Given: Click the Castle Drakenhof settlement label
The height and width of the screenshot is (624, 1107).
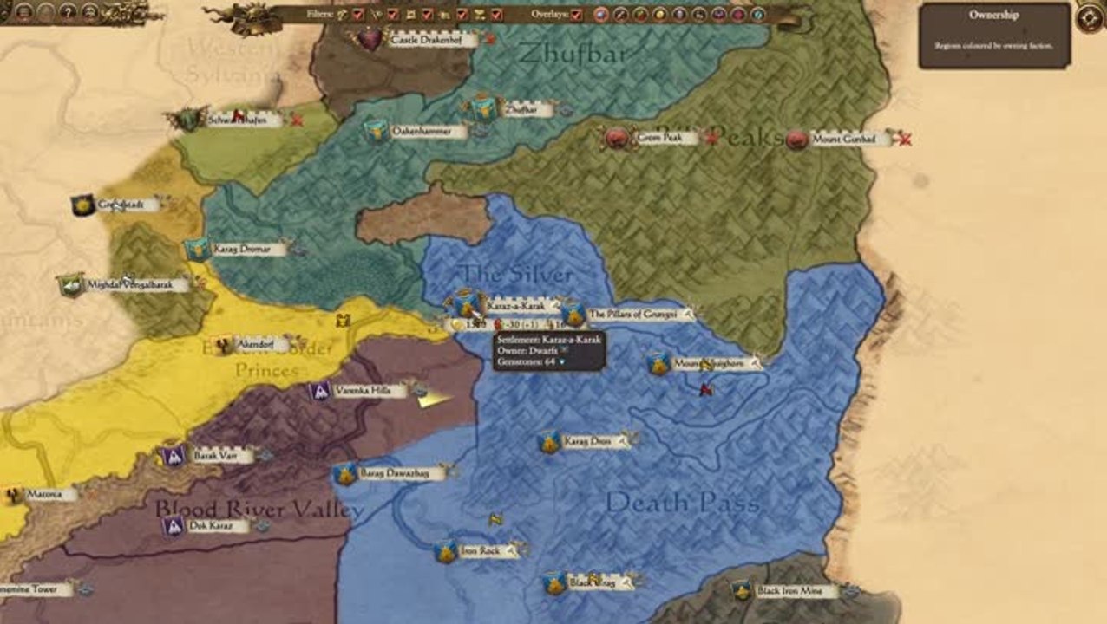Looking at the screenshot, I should point(421,40).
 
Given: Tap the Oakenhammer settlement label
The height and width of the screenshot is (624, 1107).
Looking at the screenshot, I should point(417,132).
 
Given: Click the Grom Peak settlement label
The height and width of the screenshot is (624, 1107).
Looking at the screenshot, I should point(661,137).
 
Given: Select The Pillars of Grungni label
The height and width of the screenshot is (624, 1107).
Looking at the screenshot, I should point(632,314).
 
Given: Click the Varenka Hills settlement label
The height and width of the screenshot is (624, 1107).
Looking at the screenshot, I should point(357,391).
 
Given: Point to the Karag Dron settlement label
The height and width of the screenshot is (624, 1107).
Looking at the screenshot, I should point(587,442).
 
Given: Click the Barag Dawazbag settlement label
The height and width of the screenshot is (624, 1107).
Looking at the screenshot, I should point(393,473).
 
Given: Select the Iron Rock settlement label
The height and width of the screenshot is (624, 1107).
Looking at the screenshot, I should point(480,551).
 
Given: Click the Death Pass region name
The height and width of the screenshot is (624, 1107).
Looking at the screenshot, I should point(682,502).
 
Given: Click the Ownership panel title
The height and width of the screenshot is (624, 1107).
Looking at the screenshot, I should point(993,15).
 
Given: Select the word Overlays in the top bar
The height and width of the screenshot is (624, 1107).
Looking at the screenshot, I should point(548,15).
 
